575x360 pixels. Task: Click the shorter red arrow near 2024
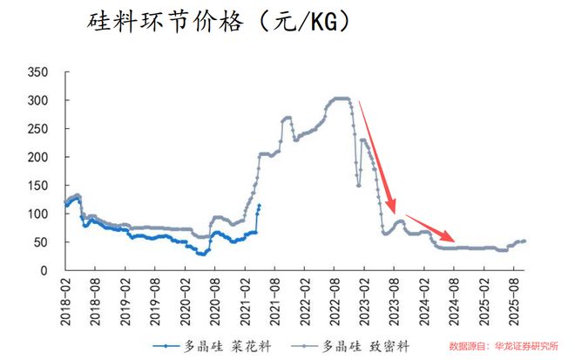pos(430,228)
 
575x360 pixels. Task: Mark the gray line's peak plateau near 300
pos(341,98)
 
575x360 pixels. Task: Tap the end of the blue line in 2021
pos(259,206)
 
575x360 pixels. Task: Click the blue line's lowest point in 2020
pos(202,254)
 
